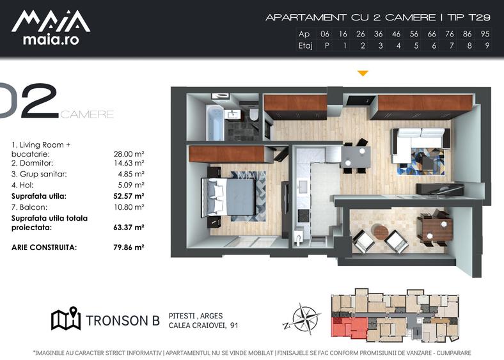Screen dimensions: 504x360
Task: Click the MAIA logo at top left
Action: tap(51, 27)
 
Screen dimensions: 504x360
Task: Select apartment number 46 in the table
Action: tap(397, 34)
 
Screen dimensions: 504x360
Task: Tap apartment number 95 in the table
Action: tap(485, 34)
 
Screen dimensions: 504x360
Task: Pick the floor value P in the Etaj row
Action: tap(327, 45)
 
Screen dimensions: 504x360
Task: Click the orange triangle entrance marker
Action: tap(363, 74)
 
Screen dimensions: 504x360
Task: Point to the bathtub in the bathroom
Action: tap(216, 123)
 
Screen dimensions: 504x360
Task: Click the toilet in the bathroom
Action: tap(254, 114)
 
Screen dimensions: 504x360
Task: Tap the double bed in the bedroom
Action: tap(229, 196)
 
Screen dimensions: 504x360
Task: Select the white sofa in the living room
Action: tap(418, 141)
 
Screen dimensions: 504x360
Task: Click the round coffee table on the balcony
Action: tap(381, 232)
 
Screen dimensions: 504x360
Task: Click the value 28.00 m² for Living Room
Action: tap(129, 154)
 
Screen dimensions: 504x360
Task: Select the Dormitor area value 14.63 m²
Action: tap(129, 163)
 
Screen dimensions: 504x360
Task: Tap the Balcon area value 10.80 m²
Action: tap(129, 207)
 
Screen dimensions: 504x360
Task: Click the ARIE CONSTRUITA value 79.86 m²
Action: tap(129, 247)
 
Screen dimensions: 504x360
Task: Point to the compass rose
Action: tap(302, 319)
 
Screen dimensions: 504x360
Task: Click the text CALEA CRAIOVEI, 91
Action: tap(203, 325)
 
